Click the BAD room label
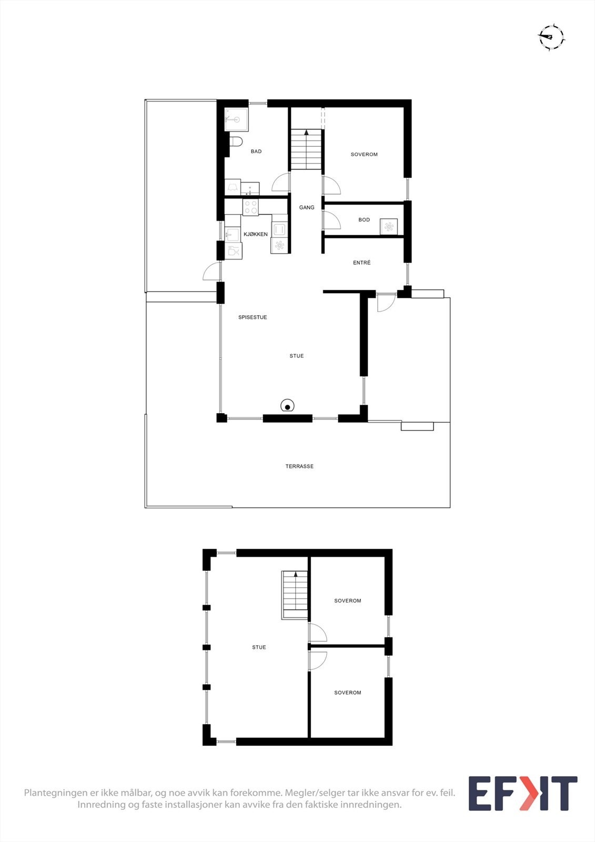pos(256,152)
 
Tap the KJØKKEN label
pos(256,234)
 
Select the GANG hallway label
pos(307,207)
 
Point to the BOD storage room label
pos(364,220)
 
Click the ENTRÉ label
pos(362,263)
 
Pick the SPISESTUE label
pos(253,317)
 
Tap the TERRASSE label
pos(299,466)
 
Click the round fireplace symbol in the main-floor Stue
pos(287,406)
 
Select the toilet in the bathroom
pos(236,141)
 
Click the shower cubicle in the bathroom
pos(236,120)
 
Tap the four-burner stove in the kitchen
pos(250,206)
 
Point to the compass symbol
pos(551,37)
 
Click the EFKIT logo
pos(522,793)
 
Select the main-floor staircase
pos(306,149)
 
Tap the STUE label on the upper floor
pos(259,647)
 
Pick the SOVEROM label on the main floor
pos(364,155)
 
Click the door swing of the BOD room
pos(332,219)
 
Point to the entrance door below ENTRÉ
pos(386,302)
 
